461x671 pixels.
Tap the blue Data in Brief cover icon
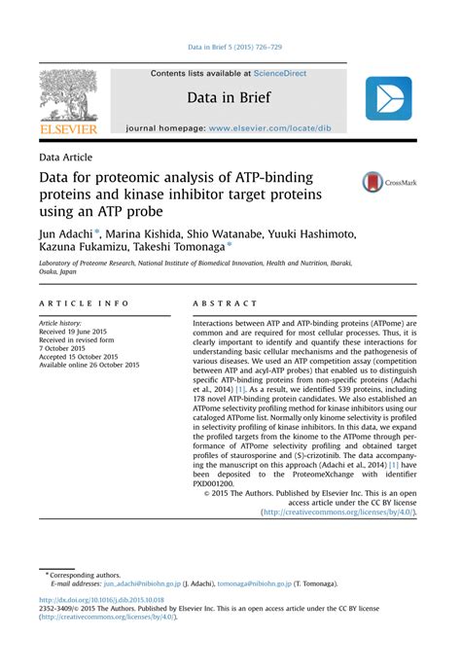click(x=388, y=98)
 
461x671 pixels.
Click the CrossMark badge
click(x=389, y=182)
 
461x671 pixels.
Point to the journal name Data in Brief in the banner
click(x=230, y=98)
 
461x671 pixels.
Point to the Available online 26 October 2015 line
click(x=89, y=365)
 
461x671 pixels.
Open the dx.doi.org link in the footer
click(x=101, y=601)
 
